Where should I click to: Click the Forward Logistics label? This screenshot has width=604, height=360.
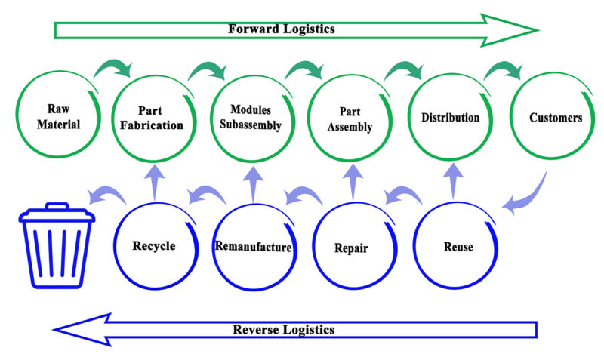click(x=282, y=29)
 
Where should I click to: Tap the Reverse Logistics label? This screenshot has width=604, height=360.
click(x=283, y=330)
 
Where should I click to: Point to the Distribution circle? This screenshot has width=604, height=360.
click(x=450, y=118)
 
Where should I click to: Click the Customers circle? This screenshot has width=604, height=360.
click(x=549, y=118)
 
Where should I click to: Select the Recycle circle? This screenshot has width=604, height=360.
click(x=154, y=245)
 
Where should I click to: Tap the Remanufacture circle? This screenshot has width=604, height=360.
click(x=254, y=246)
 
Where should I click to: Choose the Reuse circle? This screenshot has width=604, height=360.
click(x=455, y=246)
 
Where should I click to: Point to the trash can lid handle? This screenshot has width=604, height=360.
click(x=57, y=206)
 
